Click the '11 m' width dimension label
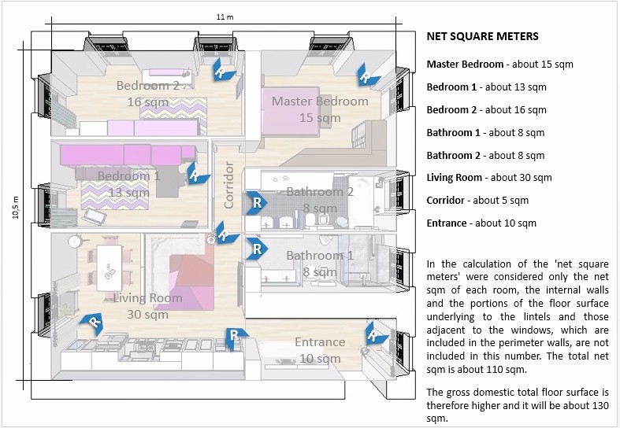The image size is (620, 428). [x=225, y=17]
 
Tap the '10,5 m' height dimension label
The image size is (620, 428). [x=16, y=207]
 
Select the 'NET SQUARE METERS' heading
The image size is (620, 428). [x=482, y=36]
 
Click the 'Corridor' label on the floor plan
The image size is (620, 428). [x=228, y=185]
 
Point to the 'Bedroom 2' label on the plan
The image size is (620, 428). [x=148, y=85]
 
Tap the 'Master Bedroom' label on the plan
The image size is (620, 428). [x=320, y=101]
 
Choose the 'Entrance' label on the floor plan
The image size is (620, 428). [x=320, y=342]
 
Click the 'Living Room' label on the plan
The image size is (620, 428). [x=148, y=297]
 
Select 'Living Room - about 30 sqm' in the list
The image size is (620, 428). [x=489, y=178]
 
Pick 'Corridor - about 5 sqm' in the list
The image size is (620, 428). [x=477, y=200]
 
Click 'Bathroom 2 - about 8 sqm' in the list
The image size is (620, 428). [x=485, y=155]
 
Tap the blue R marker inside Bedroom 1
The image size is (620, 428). [x=196, y=173]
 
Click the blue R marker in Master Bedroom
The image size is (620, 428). [x=367, y=75]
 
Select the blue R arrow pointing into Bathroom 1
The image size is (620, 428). [x=257, y=249]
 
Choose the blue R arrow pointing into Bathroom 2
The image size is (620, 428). [x=257, y=202]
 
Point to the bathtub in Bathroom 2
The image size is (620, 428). [x=361, y=201]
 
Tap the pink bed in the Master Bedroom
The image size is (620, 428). [x=291, y=112]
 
